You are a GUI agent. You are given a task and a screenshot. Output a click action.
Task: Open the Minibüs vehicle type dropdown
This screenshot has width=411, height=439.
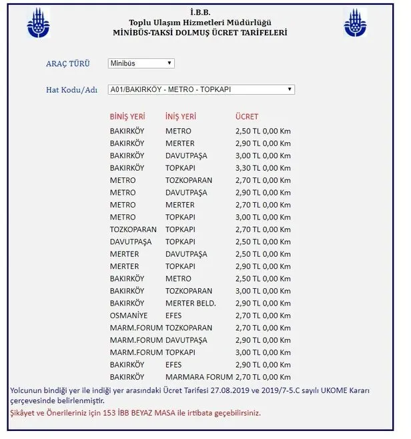pyautogui.click(x=141, y=63)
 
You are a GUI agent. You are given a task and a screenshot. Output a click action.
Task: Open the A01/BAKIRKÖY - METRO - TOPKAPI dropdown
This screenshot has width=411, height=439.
pyautogui.click(x=201, y=89)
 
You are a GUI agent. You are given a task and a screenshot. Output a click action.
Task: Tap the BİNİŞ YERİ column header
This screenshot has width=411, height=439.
pyautogui.click(x=127, y=117)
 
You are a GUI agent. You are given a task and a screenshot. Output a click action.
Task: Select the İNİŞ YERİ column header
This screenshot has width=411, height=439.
pyautogui.click(x=181, y=117)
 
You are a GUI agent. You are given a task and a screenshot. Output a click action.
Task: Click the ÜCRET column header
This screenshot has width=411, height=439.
pyautogui.click(x=247, y=117)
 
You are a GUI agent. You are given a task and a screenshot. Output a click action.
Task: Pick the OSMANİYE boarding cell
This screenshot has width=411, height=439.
pyautogui.click(x=127, y=316)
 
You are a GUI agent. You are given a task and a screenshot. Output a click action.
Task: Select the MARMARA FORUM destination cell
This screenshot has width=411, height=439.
pyautogui.click(x=195, y=377)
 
